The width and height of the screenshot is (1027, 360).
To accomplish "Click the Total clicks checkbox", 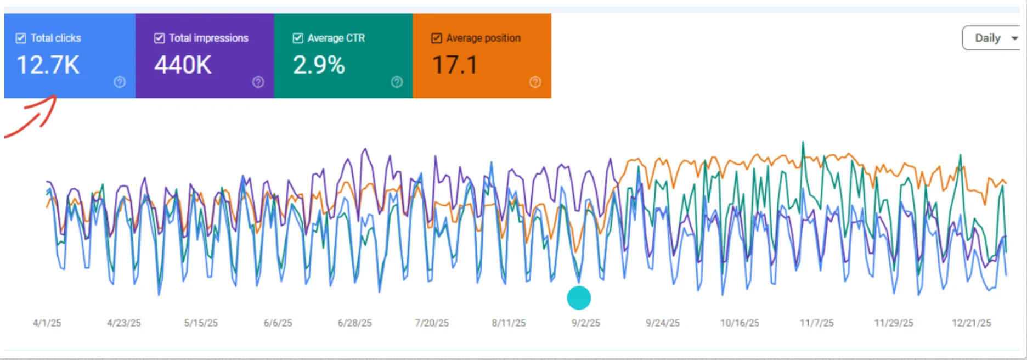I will [21, 38].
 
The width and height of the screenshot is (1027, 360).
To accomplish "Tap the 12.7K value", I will [48, 65].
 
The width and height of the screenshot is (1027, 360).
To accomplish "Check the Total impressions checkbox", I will [160, 38].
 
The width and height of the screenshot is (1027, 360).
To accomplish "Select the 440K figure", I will [183, 65].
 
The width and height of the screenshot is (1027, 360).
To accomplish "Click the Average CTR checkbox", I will [298, 38].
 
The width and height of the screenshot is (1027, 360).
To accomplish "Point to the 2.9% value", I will [319, 65].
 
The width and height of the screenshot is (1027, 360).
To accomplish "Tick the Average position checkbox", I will [437, 38].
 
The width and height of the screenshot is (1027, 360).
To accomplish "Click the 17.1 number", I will [455, 65].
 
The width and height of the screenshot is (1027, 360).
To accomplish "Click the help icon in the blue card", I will [120, 82].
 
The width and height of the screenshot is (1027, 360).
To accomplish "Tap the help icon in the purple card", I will [258, 82].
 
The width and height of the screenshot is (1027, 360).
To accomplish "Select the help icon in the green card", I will [397, 82].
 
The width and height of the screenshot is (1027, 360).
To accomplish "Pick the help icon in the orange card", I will [535, 82].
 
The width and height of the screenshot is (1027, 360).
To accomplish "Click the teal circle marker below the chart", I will [579, 298].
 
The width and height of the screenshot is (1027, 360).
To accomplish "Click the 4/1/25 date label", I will [47, 323].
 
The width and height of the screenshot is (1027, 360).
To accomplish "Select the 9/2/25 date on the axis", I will [586, 323].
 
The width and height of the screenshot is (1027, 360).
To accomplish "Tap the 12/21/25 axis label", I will [972, 323].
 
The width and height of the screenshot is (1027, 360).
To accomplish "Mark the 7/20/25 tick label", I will [432, 323].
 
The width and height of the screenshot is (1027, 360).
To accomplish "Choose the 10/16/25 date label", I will [740, 323].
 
